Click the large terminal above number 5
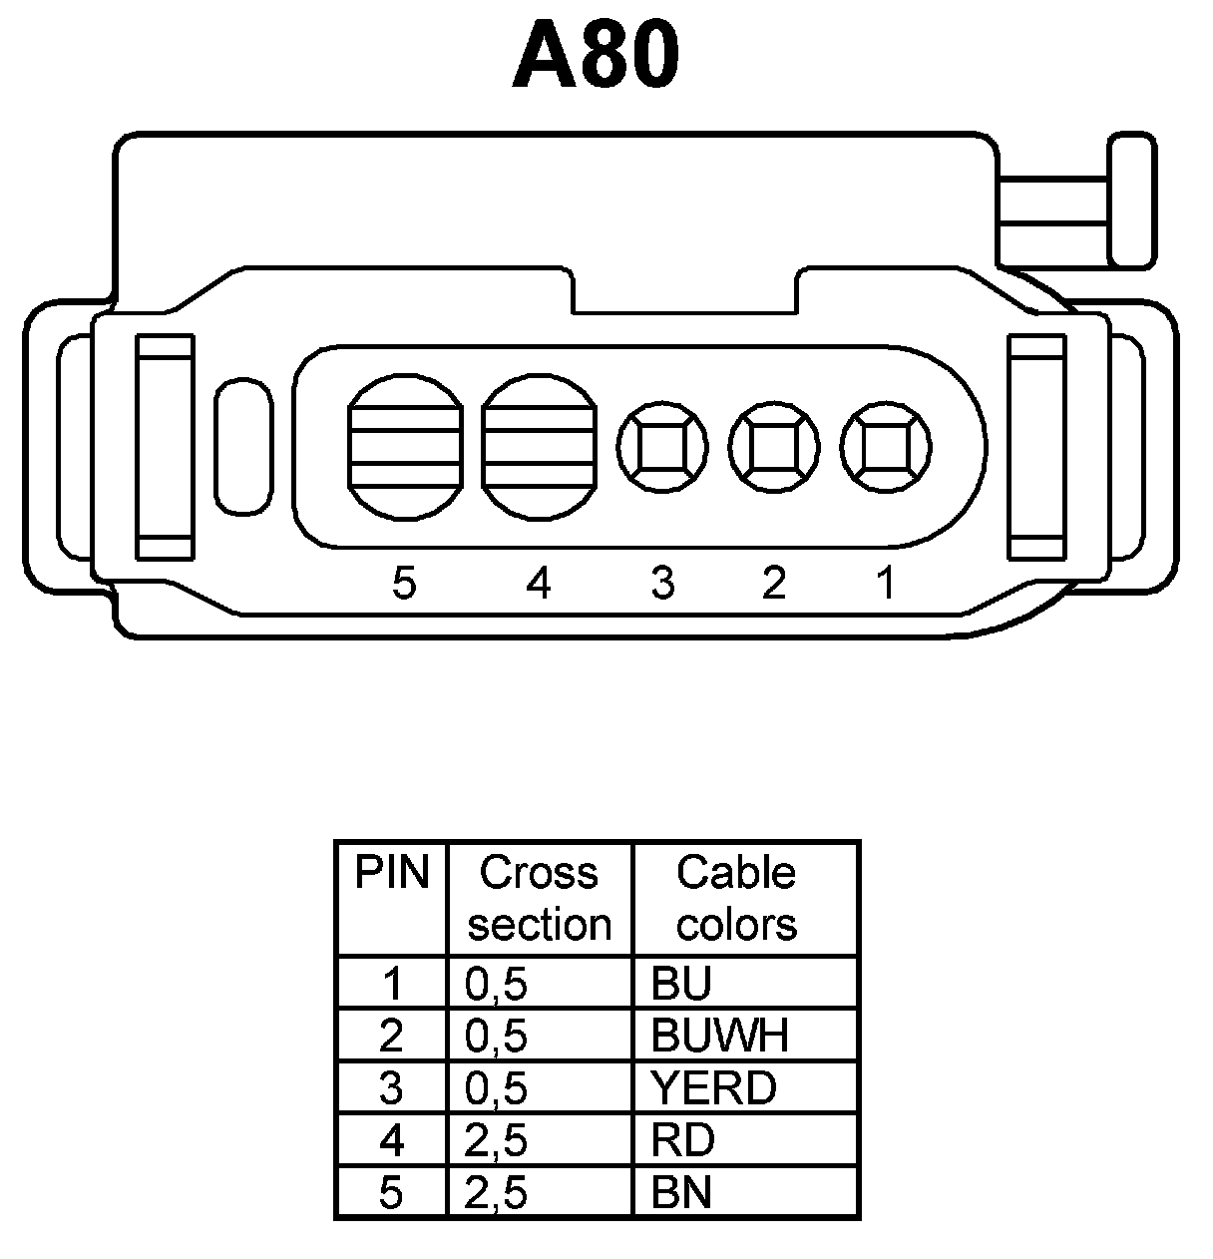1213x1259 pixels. pos(405,448)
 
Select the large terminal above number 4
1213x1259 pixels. pos(539,448)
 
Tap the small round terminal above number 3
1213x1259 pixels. pos(662,448)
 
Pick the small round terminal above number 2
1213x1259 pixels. pos(774,448)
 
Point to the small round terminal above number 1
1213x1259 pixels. pos(886,448)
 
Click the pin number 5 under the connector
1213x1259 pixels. pos(403,584)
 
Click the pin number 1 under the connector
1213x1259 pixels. pos(886,584)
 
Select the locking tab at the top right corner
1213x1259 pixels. pos(1131,204)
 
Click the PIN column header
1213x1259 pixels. pos(392,874)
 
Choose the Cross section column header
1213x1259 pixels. pos(540,898)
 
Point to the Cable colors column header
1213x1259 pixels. pos(737,898)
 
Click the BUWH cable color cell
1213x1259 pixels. pos(719,1037)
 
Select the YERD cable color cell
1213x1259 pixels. pos(713,1088)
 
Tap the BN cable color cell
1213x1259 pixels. pos(682,1193)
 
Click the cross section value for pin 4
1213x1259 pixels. pos(496,1140)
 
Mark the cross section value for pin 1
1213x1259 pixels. pos(496,985)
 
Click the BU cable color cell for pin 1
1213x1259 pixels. pos(681,985)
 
